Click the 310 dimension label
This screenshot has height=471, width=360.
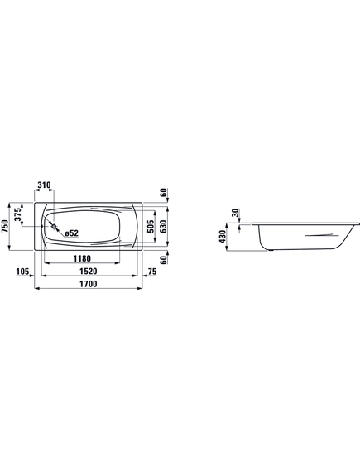pos(44,185)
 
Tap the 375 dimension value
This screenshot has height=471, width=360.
pos(18,214)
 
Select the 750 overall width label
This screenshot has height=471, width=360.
pos(4,226)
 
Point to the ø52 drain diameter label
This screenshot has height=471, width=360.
pos(71,233)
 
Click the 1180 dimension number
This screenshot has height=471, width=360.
pos(82,258)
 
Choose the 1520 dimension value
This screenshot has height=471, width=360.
pos(89,272)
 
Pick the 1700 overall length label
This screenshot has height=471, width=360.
pos(89,284)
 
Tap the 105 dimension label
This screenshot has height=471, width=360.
pos(22,272)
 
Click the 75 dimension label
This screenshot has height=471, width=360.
pos(152,272)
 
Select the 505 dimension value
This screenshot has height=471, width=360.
pos(151,226)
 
